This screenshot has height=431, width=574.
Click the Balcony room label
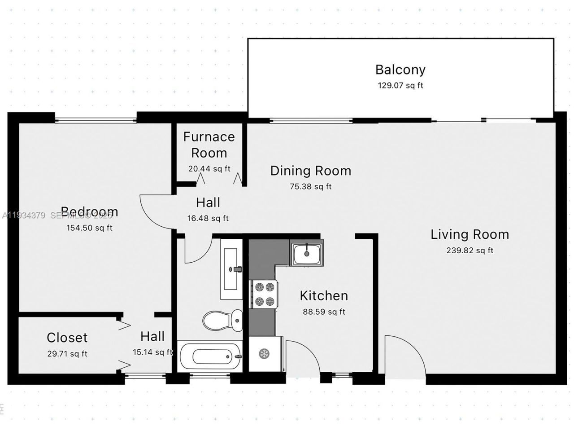[x=400, y=70]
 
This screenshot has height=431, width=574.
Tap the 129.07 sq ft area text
[x=400, y=85]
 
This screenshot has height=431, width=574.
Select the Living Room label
[x=470, y=234]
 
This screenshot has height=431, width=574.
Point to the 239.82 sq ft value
[x=470, y=251]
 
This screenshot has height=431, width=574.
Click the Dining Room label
[x=310, y=171]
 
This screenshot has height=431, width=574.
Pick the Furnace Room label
[x=209, y=145]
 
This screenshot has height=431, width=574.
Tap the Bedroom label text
[x=89, y=211]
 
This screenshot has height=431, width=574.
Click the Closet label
[x=67, y=338]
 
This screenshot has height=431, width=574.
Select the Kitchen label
[x=324, y=296]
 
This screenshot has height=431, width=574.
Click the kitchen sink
[x=307, y=254]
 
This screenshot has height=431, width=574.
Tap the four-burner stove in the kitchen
[x=264, y=294]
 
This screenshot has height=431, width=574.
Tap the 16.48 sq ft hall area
[x=208, y=219]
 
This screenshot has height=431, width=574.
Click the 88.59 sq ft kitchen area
[x=324, y=312]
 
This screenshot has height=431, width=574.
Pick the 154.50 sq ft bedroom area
[x=89, y=228]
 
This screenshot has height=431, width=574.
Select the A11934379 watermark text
[x=23, y=215]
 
